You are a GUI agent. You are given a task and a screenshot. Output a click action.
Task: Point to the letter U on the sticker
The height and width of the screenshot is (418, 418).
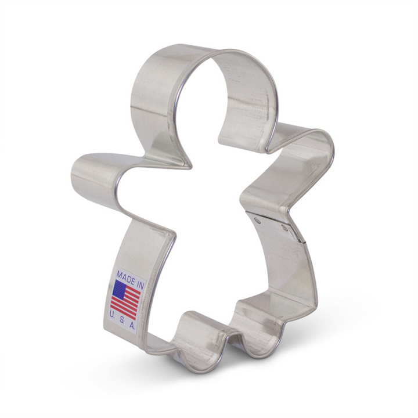112,314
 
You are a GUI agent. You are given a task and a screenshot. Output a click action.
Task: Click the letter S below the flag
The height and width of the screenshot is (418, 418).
122,320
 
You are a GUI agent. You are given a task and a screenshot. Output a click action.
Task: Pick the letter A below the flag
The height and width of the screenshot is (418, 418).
132,325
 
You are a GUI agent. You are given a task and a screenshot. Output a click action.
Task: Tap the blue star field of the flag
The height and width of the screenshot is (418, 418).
119,288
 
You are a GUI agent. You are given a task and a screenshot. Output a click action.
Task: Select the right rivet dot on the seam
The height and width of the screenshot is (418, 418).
284,228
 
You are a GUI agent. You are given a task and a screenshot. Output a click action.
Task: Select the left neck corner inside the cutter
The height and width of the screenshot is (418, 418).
189,165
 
